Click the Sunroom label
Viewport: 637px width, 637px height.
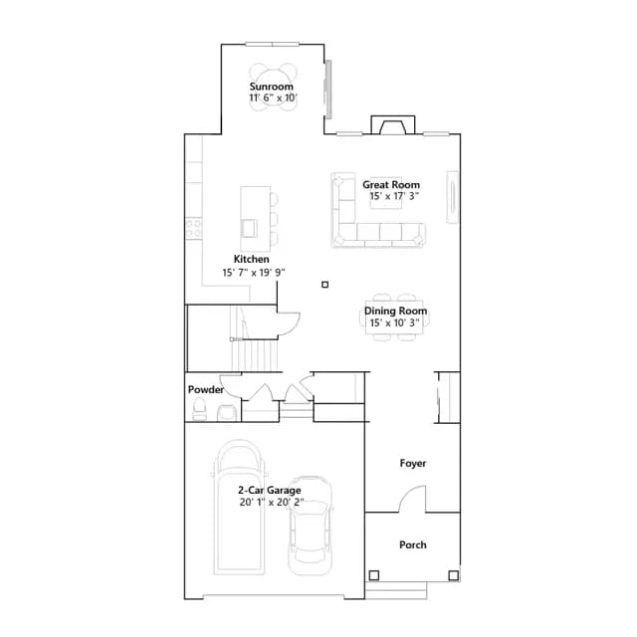(272, 87)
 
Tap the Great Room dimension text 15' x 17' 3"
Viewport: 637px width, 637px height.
(394, 196)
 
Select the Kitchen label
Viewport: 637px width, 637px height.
(252, 259)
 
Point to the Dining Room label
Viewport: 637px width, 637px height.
(395, 312)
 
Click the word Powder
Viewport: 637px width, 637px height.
(206, 390)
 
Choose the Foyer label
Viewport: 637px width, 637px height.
(413, 464)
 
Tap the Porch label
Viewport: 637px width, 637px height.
(413, 545)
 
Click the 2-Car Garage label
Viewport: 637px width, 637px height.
(270, 491)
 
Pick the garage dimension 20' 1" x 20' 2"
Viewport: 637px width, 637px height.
(272, 503)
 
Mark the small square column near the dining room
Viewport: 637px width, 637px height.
(325, 285)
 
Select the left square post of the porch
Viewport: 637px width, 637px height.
(374, 575)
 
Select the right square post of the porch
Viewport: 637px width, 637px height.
(454, 575)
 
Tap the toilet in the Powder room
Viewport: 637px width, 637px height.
(199, 409)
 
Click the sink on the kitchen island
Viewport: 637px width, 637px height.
(250, 228)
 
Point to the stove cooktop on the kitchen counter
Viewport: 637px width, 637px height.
(194, 229)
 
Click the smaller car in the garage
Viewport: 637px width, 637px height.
(310, 526)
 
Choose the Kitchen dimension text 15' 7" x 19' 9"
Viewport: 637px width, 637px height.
(254, 273)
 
